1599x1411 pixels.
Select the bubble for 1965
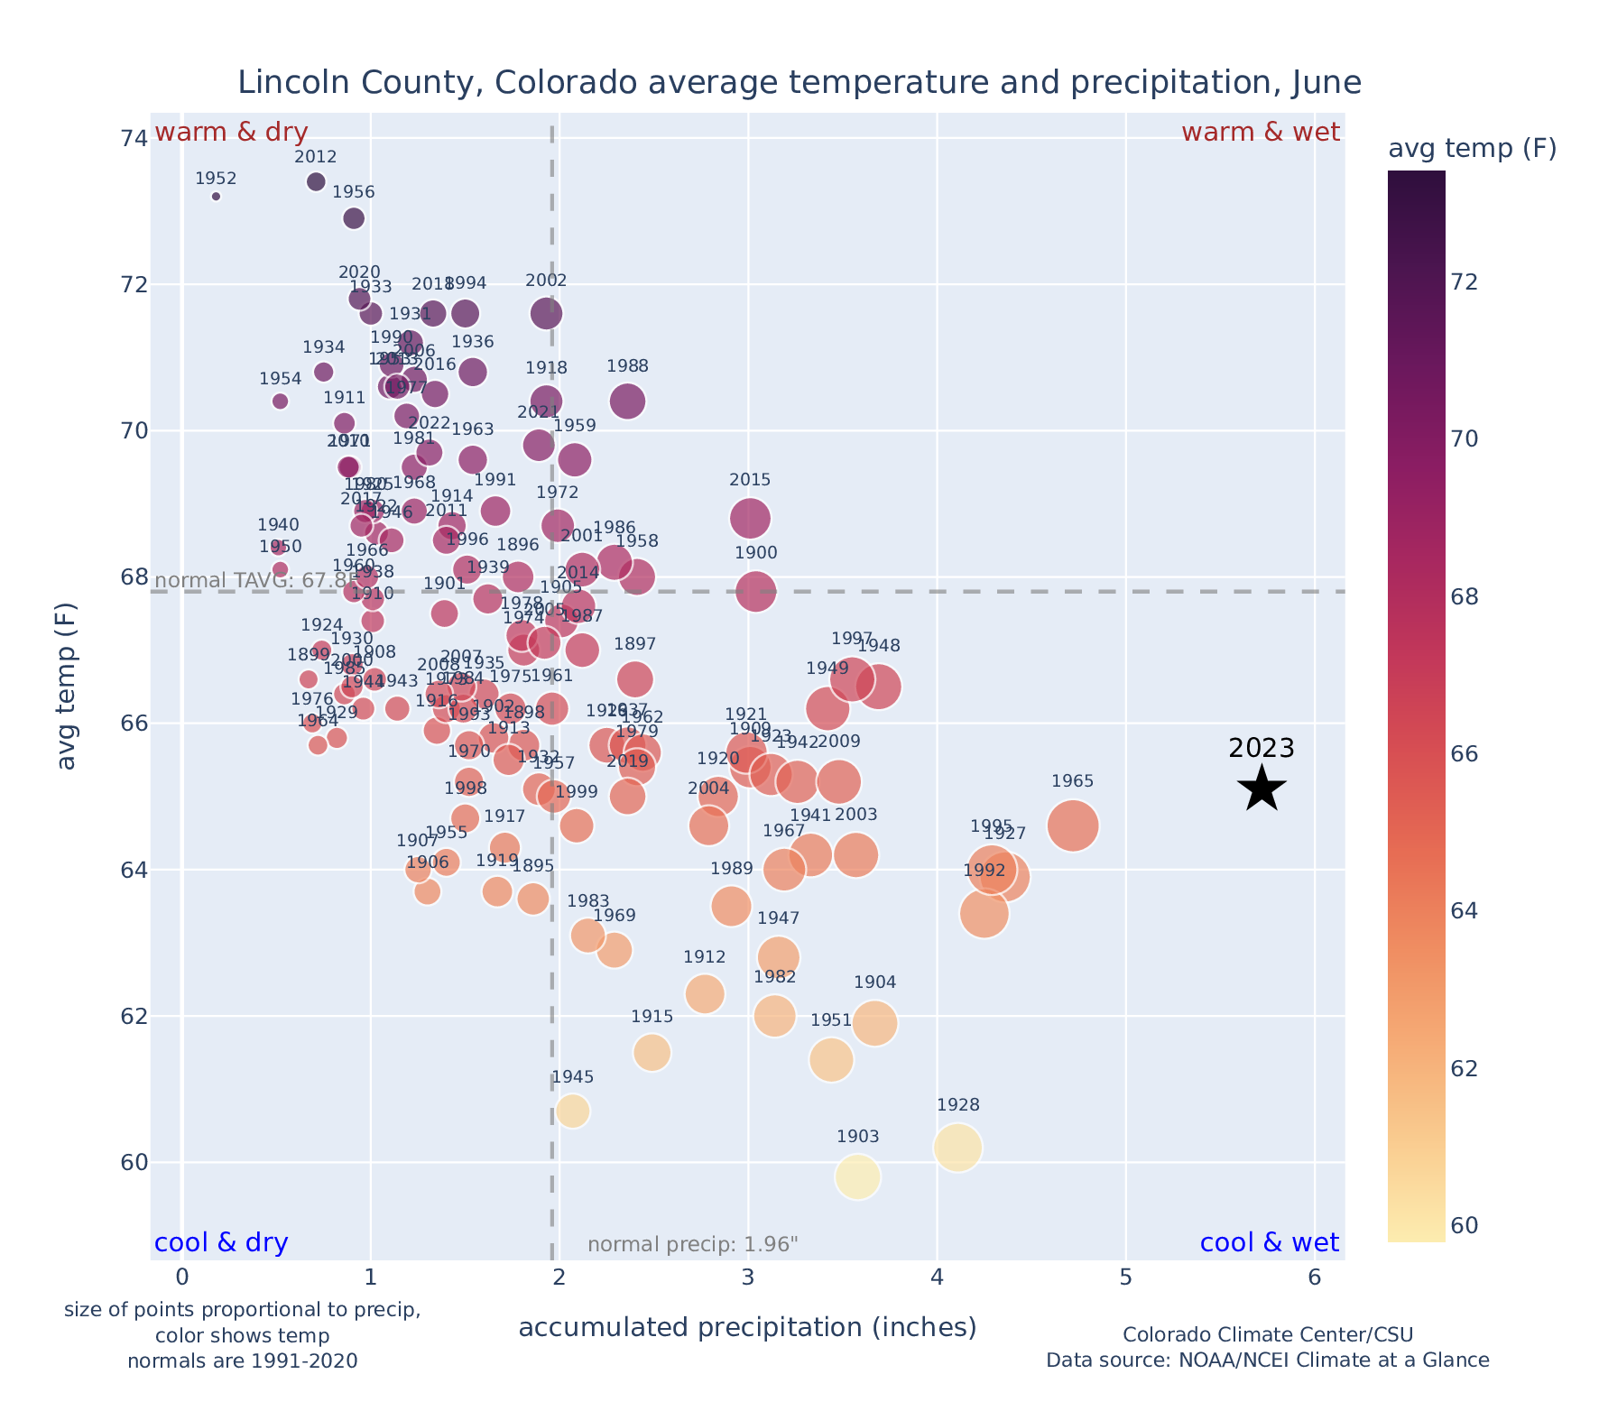1073,825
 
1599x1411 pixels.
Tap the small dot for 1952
216,196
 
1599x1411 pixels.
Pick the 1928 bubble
958,1148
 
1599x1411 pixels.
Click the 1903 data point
857,1177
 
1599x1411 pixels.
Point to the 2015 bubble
750,519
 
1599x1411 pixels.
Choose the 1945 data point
573,1111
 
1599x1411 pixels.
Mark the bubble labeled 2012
316,181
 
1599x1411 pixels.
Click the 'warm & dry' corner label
232,133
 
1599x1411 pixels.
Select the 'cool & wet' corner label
1269,1243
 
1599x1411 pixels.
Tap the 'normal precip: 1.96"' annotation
693,1245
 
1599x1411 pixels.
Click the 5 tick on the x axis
1126,1277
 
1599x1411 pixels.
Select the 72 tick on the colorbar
1465,282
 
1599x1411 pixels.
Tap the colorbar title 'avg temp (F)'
1472,149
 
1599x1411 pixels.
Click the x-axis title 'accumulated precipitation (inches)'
747,1327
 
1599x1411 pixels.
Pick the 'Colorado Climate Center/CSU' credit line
1268,1334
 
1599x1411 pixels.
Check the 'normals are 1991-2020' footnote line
243,1360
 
